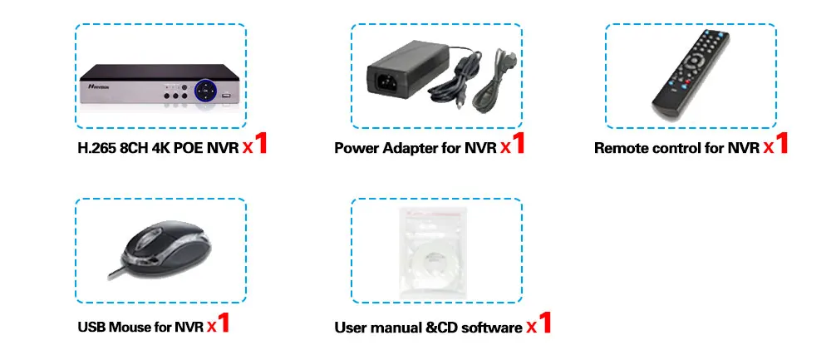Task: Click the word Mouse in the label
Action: click(129, 327)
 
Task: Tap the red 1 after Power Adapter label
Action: click(518, 144)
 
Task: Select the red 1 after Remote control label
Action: click(780, 144)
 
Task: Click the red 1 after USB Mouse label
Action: click(223, 322)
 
